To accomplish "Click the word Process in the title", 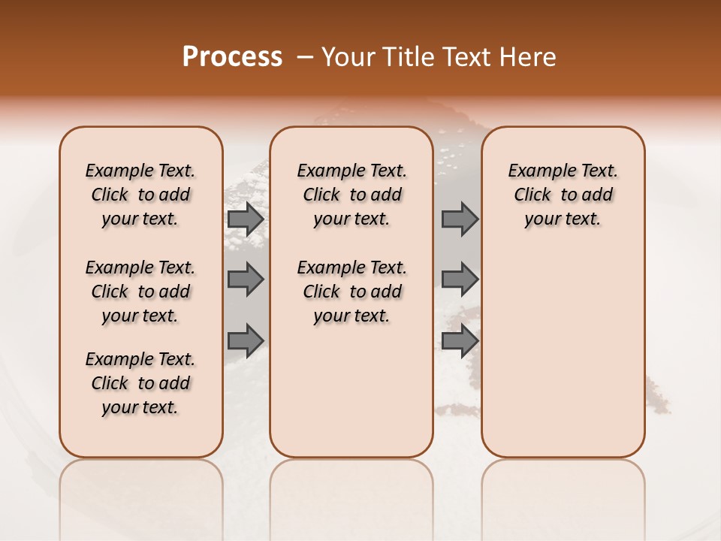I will click(232, 57).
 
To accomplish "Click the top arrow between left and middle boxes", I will click(245, 219).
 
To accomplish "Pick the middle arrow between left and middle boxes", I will click(245, 280).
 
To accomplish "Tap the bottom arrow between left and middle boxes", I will click(245, 340).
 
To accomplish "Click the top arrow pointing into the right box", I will click(460, 219).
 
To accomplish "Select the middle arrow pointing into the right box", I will click(460, 280).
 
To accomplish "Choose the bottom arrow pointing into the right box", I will click(460, 340).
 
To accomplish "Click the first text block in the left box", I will click(140, 195).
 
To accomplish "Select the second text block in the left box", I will click(140, 292).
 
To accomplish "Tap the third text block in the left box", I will click(140, 383).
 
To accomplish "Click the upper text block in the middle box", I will click(351, 195).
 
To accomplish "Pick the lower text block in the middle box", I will click(351, 292).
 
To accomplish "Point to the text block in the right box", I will click(563, 195).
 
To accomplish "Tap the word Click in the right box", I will click(532, 195).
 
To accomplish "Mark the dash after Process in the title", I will click(304, 57).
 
